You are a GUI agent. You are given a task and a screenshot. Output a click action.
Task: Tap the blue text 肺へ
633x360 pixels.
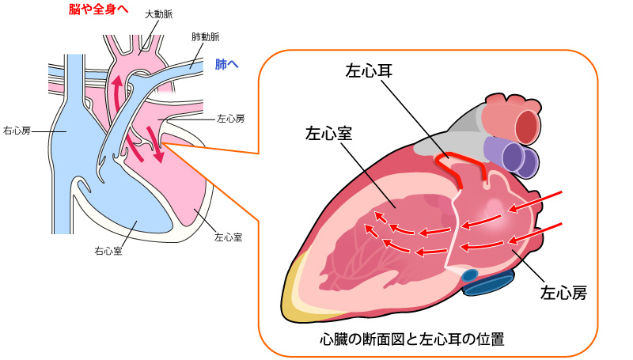(x=226, y=64)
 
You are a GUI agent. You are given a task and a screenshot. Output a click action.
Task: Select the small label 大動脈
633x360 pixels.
(x=159, y=15)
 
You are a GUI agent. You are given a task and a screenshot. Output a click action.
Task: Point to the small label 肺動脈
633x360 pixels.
(x=205, y=37)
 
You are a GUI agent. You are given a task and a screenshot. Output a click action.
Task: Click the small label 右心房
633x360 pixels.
(x=17, y=130)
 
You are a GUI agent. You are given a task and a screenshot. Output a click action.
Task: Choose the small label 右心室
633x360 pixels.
(x=108, y=251)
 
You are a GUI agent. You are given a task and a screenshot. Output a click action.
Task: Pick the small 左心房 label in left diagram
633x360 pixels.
(x=230, y=119)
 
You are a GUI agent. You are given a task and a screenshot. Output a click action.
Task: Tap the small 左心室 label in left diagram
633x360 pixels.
(x=228, y=237)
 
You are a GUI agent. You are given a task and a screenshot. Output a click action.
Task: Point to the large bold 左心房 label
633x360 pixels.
(x=563, y=294)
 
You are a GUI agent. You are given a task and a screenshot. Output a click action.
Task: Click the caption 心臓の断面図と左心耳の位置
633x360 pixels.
(x=411, y=339)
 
